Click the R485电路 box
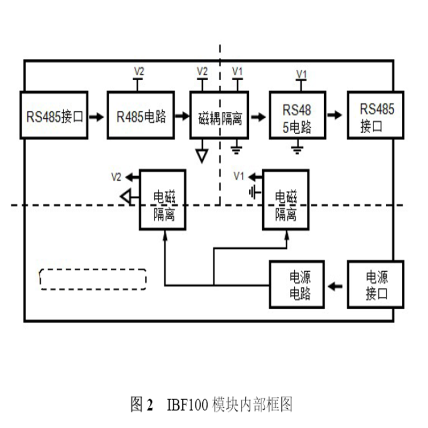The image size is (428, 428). click(141, 116)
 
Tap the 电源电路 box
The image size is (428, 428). click(297, 285)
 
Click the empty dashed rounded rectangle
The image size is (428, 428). click(93, 279)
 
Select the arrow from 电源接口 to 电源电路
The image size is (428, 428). click(336, 286)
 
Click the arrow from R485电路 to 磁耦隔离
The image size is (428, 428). click(182, 116)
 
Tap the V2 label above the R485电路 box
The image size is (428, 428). click(139, 71)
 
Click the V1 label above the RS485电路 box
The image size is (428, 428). click(302, 73)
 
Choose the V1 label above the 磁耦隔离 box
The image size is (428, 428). click(236, 71)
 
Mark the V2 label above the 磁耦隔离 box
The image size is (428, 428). click(202, 71)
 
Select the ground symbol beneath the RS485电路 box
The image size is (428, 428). click(297, 149)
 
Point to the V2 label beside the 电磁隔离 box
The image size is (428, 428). click(116, 175)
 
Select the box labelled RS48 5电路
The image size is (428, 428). click(297, 116)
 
